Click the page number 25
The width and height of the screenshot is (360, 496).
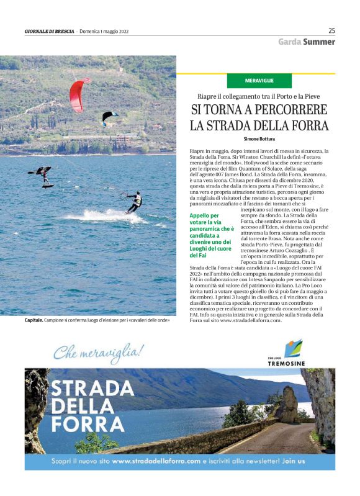pyautogui.click(x=331, y=30)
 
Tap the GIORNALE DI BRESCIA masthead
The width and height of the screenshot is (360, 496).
pyautogui.click(x=48, y=31)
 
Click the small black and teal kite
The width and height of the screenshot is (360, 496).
pyautogui.click(x=109, y=116)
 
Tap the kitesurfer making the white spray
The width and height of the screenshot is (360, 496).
pyautogui.click(x=135, y=202)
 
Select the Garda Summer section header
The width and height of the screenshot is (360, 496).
pyautogui.click(x=306, y=42)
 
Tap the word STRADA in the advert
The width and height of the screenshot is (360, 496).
pyautogui.click(x=85, y=389)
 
